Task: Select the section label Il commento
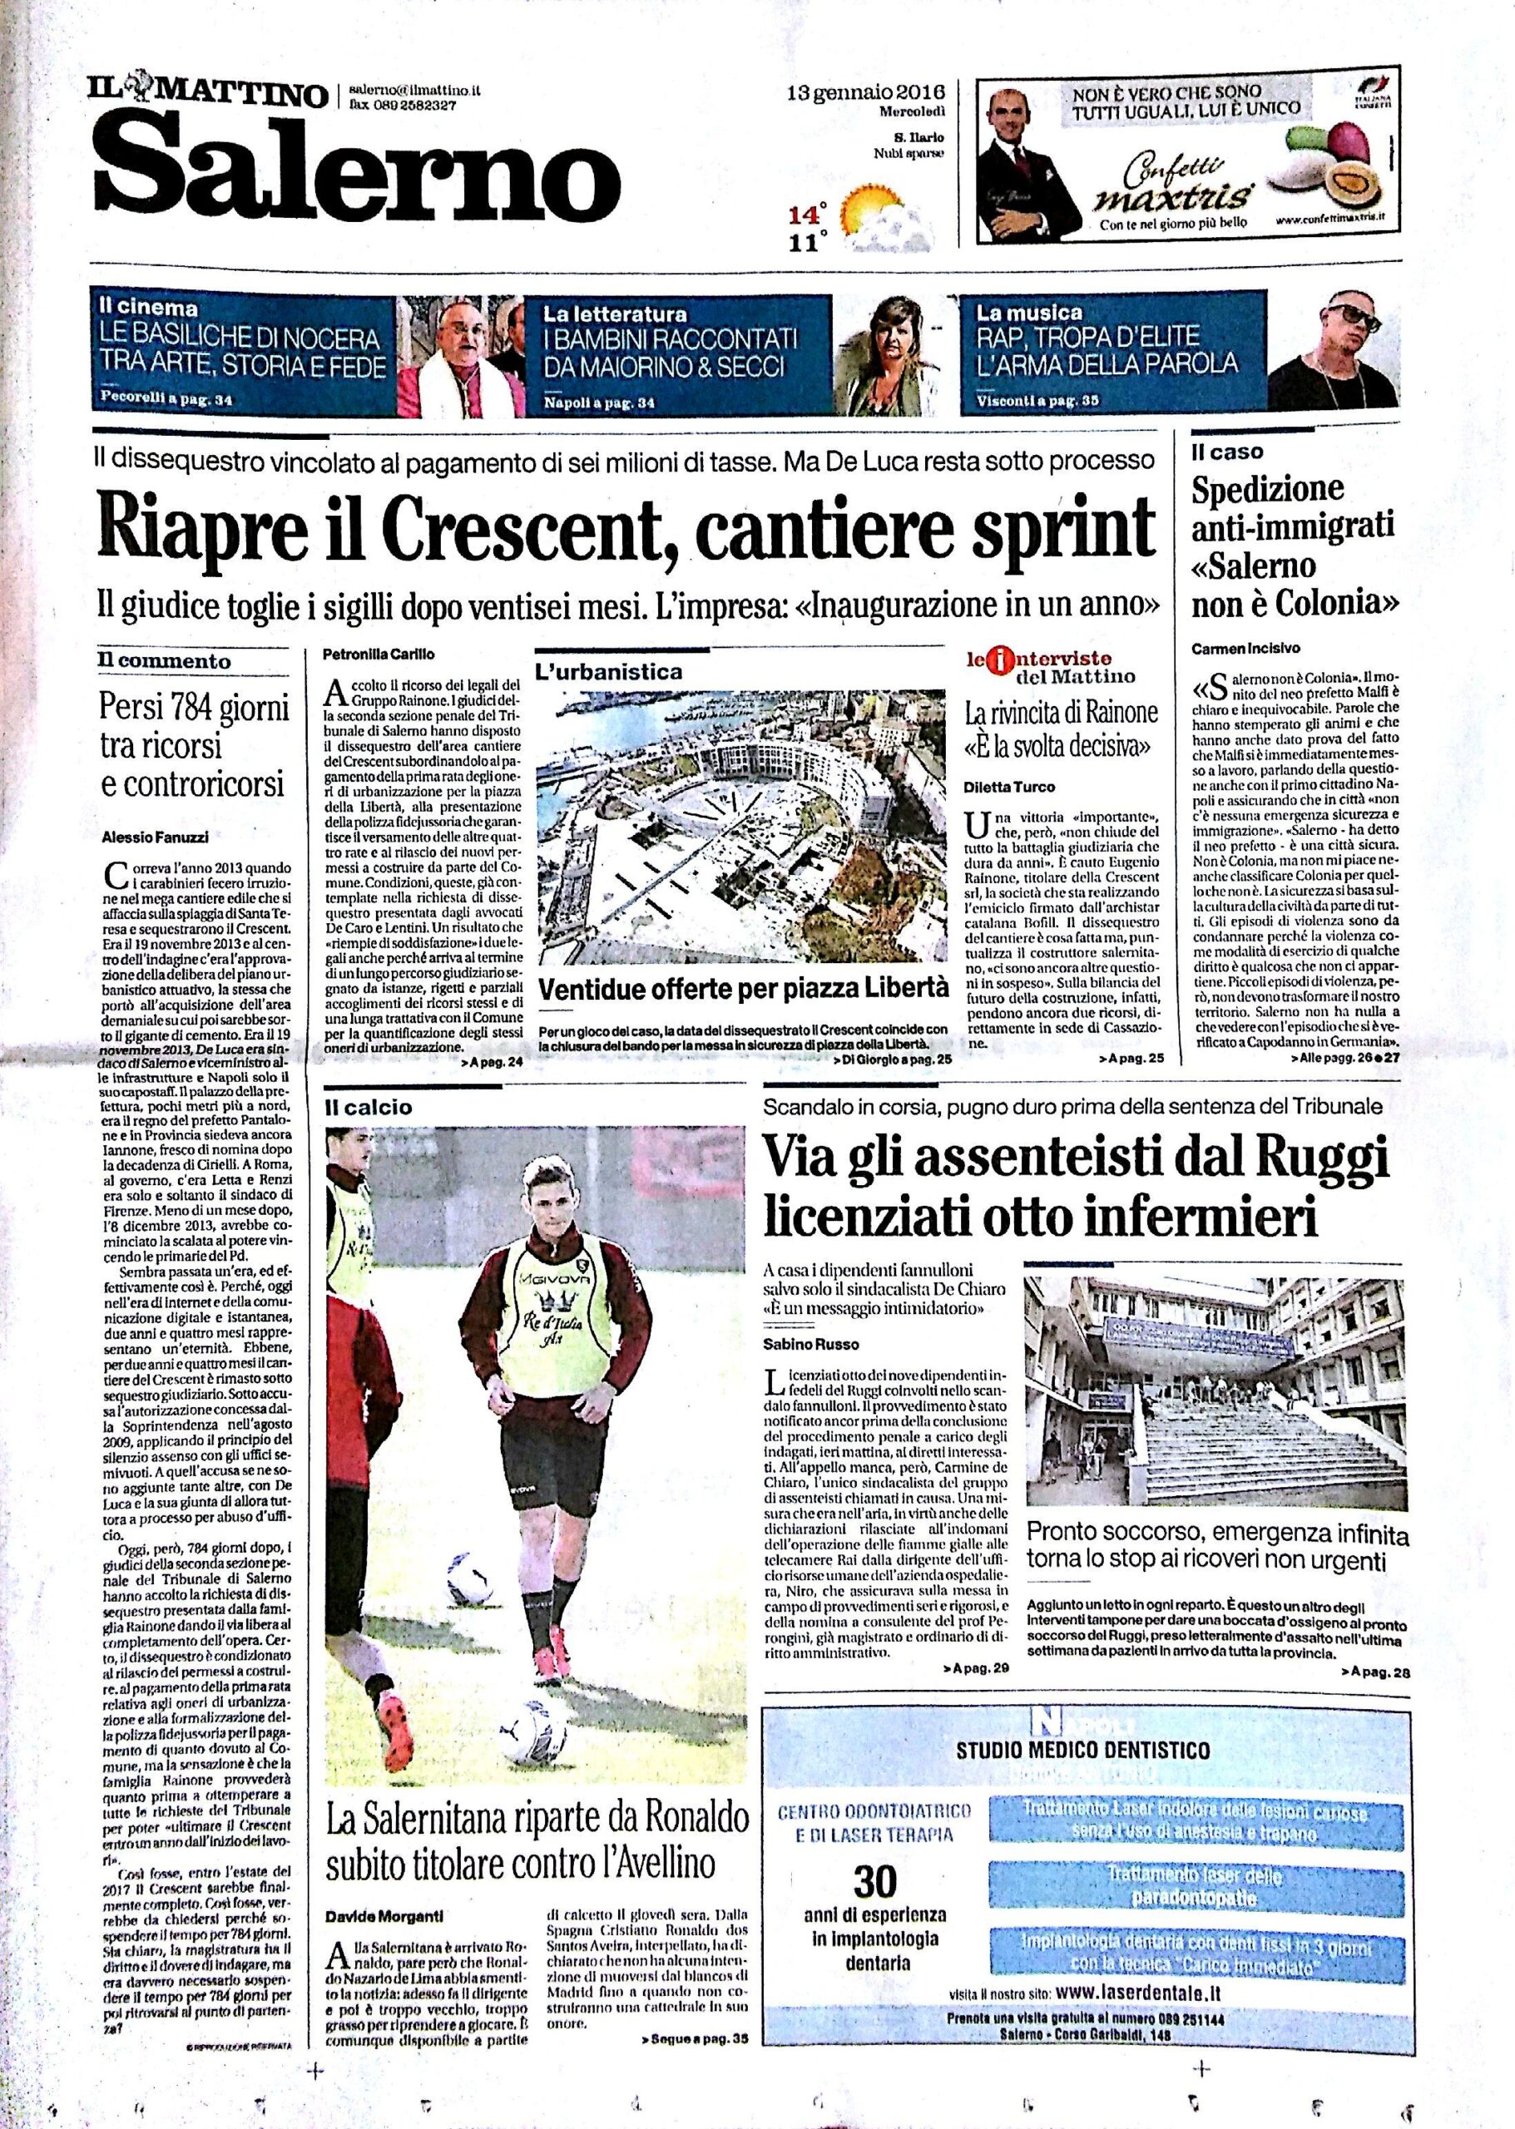pos(165,661)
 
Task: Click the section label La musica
pos(1028,312)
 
